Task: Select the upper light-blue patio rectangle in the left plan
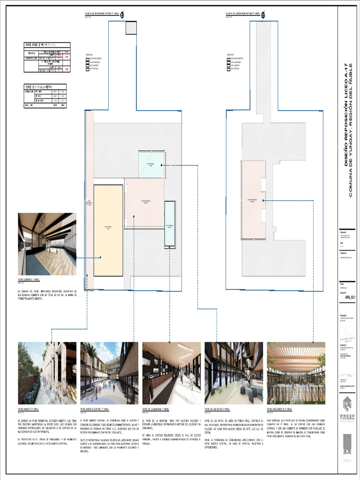(x=151, y=164)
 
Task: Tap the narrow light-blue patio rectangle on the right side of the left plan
(x=170, y=224)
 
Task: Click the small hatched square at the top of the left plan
(x=131, y=28)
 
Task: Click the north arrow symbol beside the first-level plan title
(x=122, y=14)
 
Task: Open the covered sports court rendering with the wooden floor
(x=47, y=244)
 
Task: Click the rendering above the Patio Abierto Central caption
(x=109, y=373)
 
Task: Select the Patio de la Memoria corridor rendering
(x=172, y=373)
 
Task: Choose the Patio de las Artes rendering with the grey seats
(x=234, y=373)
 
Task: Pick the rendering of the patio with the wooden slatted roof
(x=296, y=373)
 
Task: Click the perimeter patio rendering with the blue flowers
(x=47, y=373)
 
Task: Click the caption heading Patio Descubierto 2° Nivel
(x=284, y=409)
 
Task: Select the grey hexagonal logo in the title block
(x=346, y=404)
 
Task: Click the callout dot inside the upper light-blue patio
(x=161, y=165)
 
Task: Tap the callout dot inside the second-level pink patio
(x=264, y=201)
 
